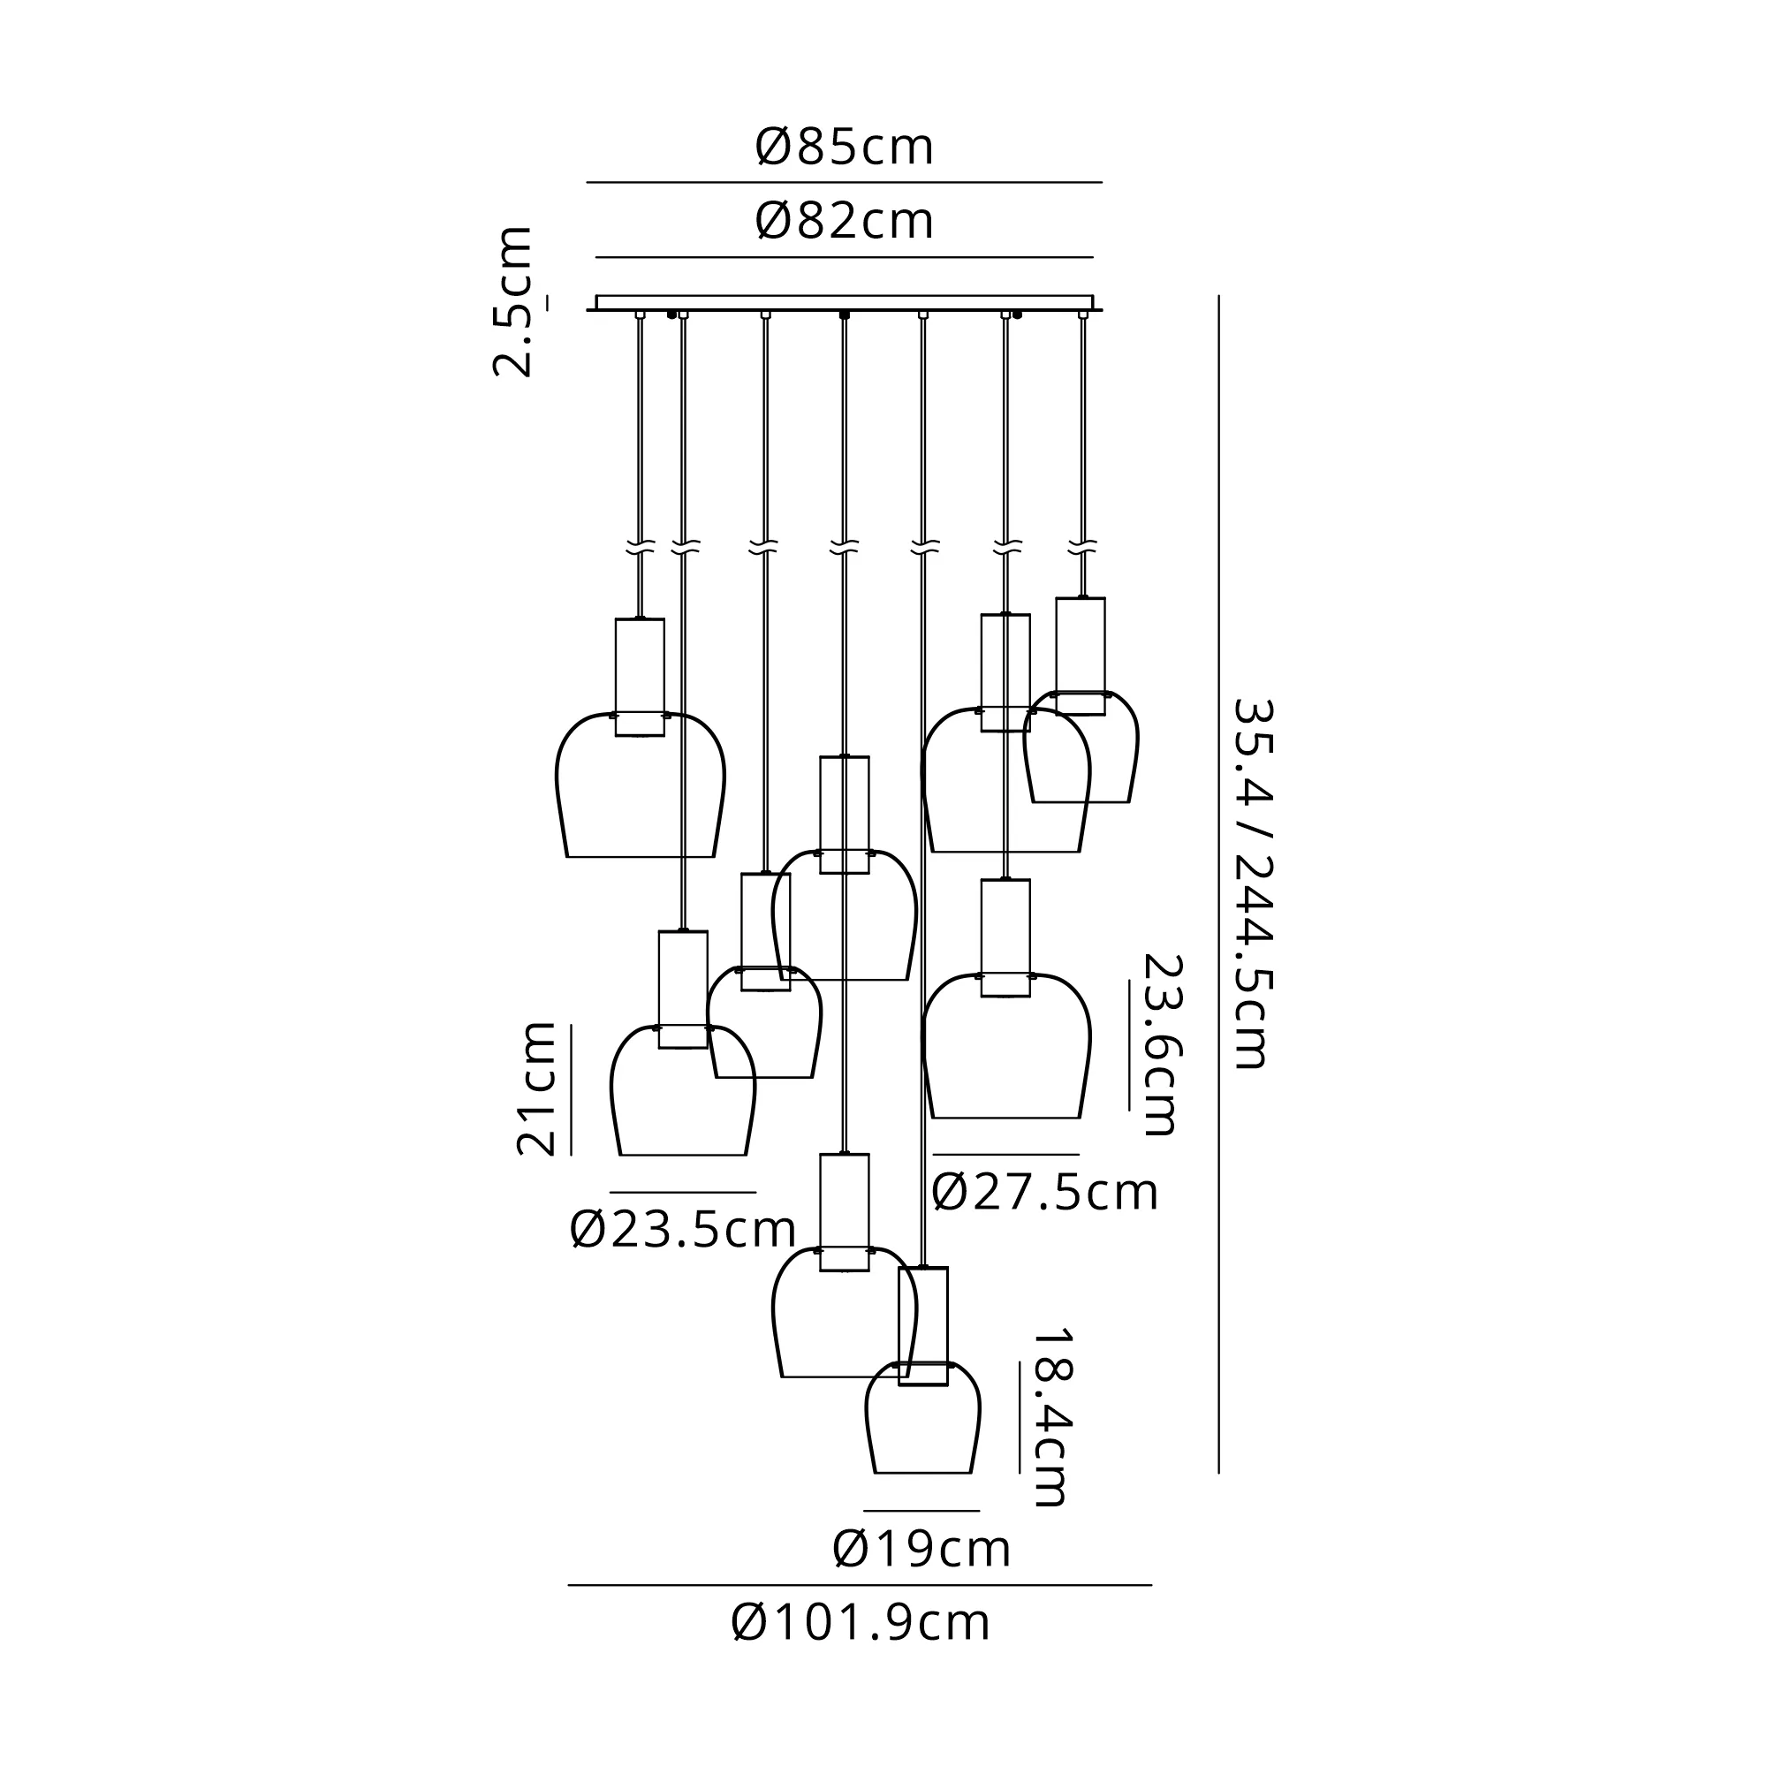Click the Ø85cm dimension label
click(844, 148)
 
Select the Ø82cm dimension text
click(844, 222)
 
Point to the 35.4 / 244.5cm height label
click(1251, 883)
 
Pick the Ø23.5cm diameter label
click(682, 1230)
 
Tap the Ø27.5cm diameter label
click(1044, 1193)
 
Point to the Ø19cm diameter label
click(921, 1550)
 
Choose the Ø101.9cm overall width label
click(861, 1623)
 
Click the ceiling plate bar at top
click(844, 302)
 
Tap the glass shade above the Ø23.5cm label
click(682, 1097)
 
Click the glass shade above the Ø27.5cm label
click(1006, 1051)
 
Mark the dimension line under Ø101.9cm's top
click(860, 1585)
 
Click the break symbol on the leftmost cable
click(641, 549)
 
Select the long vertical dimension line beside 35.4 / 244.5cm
click(1218, 883)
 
